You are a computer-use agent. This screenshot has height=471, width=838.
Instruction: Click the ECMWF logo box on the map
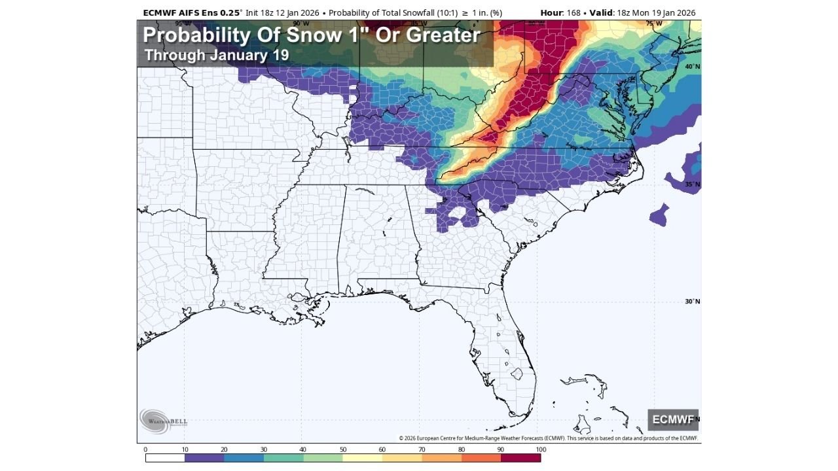(673, 419)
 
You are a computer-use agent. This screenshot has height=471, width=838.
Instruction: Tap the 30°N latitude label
(692, 302)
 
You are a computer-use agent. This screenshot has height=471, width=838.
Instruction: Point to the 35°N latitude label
(692, 184)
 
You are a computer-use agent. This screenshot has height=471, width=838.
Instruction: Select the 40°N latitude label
(692, 67)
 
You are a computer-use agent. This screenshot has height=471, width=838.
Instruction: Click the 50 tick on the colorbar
(342, 449)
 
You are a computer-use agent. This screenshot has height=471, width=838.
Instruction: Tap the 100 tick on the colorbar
(541, 449)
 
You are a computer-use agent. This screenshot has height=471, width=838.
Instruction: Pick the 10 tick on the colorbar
(185, 449)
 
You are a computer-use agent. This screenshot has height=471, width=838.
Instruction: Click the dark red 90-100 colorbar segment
(521, 458)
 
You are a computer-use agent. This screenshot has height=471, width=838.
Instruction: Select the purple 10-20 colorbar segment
(204, 458)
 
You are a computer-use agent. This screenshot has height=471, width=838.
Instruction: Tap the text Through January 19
(216, 55)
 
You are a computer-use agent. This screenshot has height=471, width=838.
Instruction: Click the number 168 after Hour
(574, 12)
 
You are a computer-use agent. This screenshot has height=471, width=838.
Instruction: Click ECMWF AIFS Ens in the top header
(180, 12)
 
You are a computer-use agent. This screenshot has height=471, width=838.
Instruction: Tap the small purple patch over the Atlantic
(659, 215)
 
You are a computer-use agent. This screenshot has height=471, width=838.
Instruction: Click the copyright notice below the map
(548, 438)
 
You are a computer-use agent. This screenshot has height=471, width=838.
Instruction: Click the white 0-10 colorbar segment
(165, 458)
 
